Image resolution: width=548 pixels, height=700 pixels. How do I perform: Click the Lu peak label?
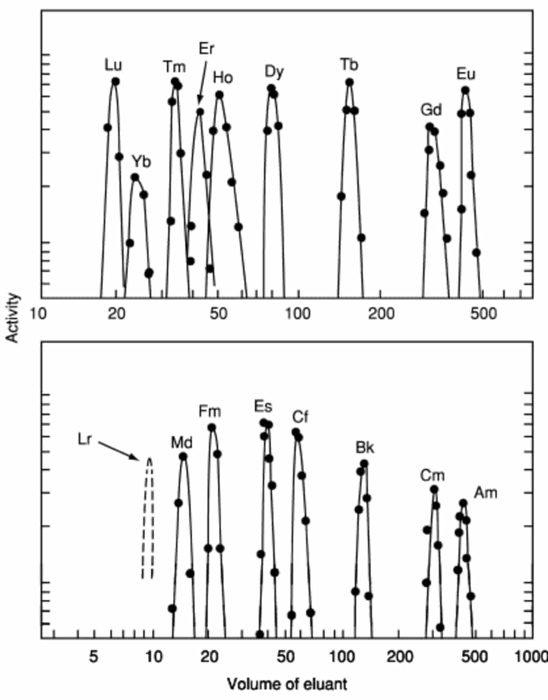(113, 65)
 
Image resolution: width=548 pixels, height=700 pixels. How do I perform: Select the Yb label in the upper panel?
(141, 162)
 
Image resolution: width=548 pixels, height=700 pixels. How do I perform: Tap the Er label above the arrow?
(206, 48)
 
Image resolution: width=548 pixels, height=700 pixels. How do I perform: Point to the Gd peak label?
(431, 110)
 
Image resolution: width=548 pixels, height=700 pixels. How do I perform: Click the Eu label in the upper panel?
(466, 74)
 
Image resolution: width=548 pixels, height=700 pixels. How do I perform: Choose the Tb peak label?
(349, 65)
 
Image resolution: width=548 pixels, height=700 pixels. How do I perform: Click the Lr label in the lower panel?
(84, 439)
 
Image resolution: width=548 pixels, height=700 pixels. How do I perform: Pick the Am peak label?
(486, 493)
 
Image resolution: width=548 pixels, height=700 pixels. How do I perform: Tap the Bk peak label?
(365, 447)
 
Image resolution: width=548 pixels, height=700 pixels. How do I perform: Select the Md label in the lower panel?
(182, 442)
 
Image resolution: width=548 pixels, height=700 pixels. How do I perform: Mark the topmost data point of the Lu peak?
(115, 81)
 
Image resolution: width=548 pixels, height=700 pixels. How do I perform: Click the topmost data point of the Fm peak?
(212, 427)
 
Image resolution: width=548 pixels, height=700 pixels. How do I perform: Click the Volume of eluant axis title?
(287, 684)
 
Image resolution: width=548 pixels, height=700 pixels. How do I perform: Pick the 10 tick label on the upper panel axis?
(38, 314)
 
